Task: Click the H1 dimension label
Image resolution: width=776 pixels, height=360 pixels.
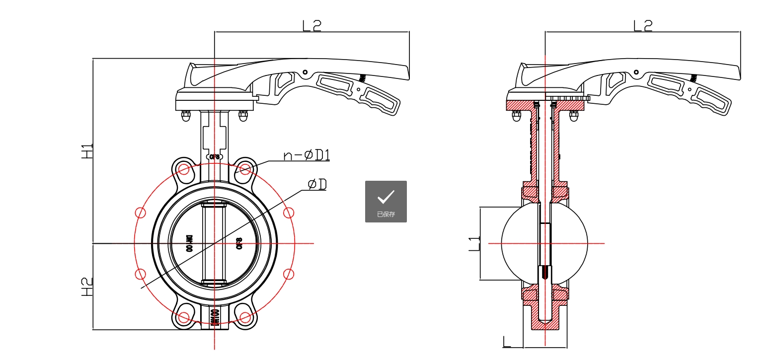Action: tap(87, 151)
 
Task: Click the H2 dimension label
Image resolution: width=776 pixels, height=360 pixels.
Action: tap(87, 287)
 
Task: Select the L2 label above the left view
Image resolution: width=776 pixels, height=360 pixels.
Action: tap(312, 25)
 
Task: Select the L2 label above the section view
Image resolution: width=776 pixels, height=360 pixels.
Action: tap(643, 25)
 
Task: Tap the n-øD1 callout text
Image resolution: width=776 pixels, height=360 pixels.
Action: tap(307, 155)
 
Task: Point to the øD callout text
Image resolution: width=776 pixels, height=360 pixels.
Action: tap(317, 185)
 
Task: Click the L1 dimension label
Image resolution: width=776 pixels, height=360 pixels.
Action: tap(474, 243)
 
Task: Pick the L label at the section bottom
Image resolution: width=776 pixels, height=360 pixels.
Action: tap(507, 342)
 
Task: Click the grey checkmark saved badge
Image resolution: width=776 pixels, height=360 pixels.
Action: tap(386, 201)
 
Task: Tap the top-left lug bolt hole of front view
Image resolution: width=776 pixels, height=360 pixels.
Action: tap(184, 170)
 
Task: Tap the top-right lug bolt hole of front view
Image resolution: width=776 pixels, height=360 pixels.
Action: tap(245, 170)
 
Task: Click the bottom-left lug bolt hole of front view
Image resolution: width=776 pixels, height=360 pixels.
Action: tap(184, 317)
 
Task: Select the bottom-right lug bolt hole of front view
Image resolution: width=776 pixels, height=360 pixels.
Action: tap(245, 317)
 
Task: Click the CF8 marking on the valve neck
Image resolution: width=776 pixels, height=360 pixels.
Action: tap(215, 157)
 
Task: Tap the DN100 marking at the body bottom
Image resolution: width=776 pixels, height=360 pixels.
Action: tap(215, 317)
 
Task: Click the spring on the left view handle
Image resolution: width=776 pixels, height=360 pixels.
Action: tap(362, 78)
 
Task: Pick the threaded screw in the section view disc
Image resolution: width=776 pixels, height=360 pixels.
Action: tap(545, 272)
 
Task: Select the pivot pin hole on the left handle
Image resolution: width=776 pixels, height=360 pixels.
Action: tap(305, 72)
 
